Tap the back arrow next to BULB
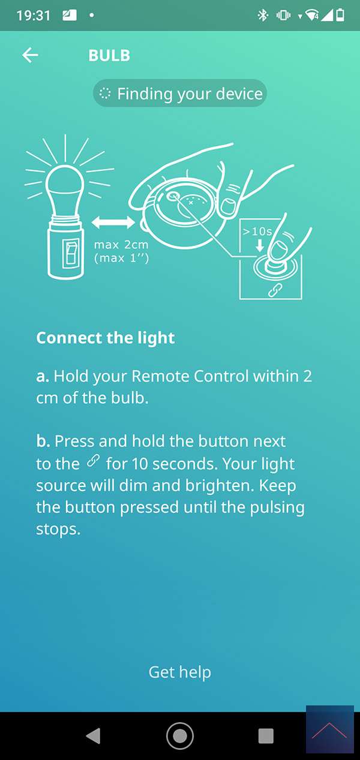point(30,55)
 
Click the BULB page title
point(109,56)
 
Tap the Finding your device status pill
point(180,94)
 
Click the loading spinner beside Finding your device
point(104,94)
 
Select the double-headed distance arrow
point(113,222)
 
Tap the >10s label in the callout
point(257,232)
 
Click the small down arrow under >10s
point(260,245)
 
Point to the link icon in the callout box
point(275,290)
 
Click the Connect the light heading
point(106,338)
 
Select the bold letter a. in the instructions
point(43,377)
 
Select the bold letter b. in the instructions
point(43,441)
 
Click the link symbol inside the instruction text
point(93,461)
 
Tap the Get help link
point(180,672)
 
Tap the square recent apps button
point(266,736)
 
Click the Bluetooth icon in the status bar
point(263,15)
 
